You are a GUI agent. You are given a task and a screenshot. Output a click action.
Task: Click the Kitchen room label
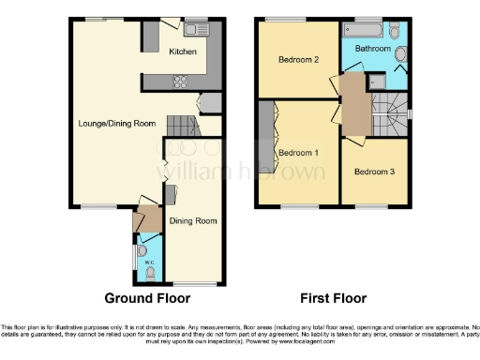click(x=183, y=52)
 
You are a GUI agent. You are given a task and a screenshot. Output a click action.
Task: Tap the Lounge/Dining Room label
click(x=116, y=123)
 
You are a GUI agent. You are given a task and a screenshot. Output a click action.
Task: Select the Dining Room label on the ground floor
click(x=192, y=221)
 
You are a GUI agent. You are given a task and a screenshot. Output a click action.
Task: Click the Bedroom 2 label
click(x=299, y=60)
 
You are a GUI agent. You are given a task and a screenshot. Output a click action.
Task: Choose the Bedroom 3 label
click(x=374, y=172)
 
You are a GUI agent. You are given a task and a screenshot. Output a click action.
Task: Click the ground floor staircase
click(x=182, y=126)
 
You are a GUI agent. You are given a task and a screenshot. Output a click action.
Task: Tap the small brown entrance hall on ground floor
click(x=142, y=221)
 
